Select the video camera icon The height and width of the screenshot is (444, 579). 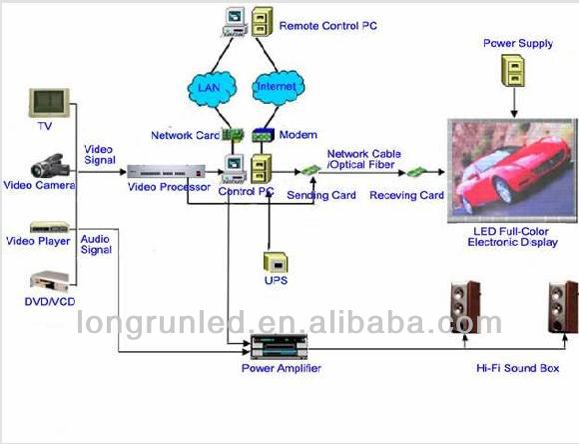[49, 164]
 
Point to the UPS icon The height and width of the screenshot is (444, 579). [275, 262]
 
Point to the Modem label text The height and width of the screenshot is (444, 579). [299, 135]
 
